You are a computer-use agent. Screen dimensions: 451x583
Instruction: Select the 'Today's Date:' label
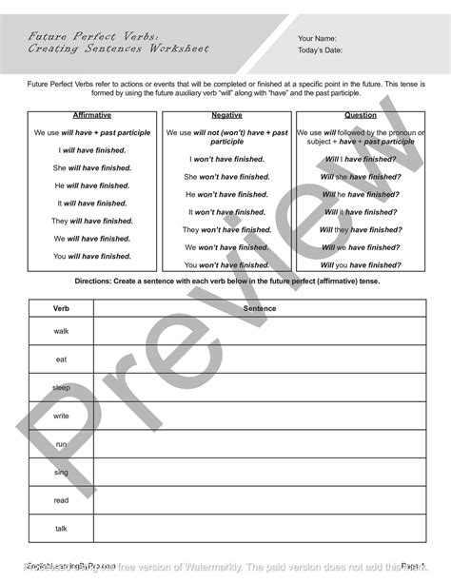(321, 51)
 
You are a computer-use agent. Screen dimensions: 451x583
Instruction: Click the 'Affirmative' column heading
(91, 115)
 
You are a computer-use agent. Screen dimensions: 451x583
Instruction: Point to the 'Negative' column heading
(226, 115)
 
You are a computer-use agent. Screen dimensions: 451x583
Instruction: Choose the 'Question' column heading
(360, 115)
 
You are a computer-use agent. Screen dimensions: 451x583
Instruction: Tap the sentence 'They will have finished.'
(91, 221)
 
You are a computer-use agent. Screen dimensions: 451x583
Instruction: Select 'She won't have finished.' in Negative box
(226, 176)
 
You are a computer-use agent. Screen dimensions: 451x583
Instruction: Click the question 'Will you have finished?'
(360, 264)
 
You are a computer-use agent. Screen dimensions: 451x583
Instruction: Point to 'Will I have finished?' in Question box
(360, 159)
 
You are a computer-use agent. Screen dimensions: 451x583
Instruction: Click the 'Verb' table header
(61, 308)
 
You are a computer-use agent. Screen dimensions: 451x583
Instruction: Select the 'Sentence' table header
(259, 308)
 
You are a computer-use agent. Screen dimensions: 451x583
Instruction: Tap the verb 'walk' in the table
(61, 330)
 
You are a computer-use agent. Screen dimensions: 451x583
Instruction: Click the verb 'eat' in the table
(61, 359)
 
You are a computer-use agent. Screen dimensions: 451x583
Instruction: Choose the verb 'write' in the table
(61, 416)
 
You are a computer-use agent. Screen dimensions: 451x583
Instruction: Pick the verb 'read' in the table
(61, 500)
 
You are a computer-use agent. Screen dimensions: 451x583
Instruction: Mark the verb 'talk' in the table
(61, 529)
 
